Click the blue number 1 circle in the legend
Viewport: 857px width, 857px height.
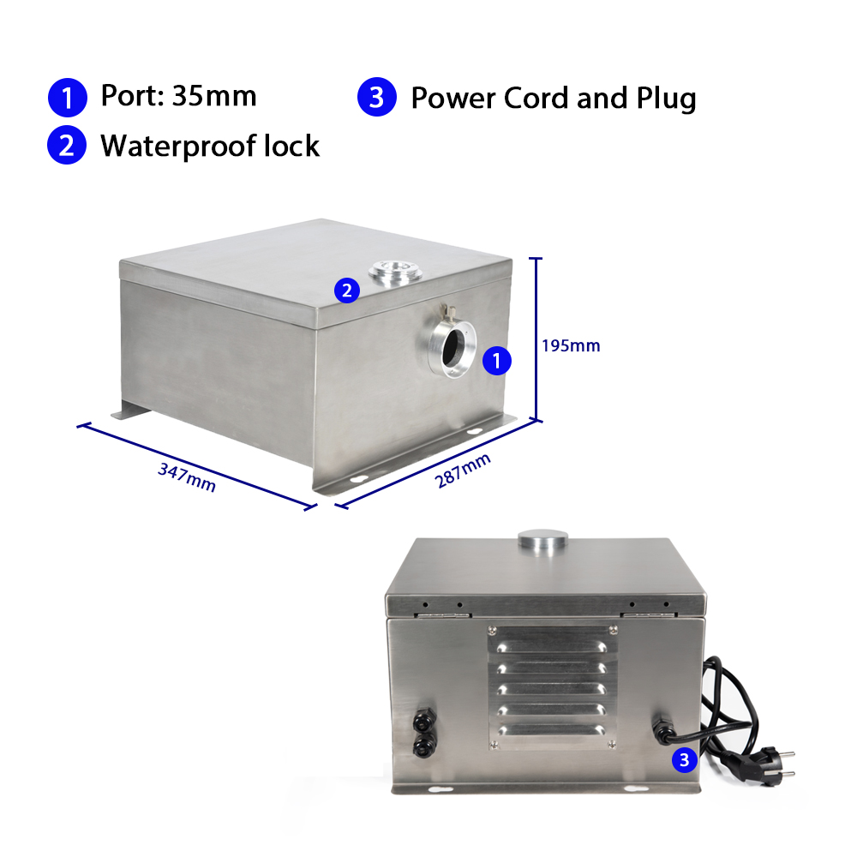(67, 98)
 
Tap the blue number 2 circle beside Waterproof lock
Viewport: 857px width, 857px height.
(67, 146)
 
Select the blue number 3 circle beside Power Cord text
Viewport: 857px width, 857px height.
(376, 97)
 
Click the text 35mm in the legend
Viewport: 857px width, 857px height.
(214, 96)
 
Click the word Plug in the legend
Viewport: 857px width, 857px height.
(666, 99)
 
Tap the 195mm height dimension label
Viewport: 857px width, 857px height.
(571, 345)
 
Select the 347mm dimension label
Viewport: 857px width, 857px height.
(187, 477)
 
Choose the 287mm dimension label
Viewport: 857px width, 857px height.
(463, 470)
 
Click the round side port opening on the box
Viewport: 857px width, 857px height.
(452, 349)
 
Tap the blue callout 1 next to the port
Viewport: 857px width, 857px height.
(496, 361)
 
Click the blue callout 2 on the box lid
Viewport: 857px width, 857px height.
(347, 291)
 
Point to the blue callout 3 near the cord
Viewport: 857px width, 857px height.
(684, 759)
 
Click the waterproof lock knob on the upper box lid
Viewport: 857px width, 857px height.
(396, 271)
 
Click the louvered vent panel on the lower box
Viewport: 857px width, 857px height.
(552, 687)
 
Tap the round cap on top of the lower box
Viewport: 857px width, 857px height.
(542, 539)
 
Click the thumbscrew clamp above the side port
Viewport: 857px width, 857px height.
(449, 313)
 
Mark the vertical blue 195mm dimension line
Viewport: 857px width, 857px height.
(536, 339)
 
